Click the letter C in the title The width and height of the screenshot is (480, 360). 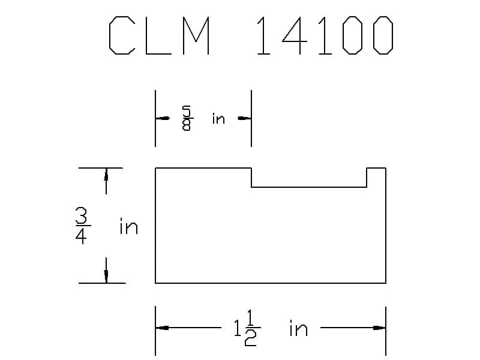pyautogui.click(x=123, y=37)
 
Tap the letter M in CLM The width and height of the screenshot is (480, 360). pyautogui.click(x=194, y=37)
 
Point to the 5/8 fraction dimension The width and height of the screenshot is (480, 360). pyautogui.click(x=186, y=118)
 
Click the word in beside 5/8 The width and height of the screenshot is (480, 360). pyautogui.click(x=218, y=119)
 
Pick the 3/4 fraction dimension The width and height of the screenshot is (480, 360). pyautogui.click(x=82, y=226)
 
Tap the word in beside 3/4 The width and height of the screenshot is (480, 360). pyautogui.click(x=128, y=227)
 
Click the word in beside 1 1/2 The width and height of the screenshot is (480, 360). pyautogui.click(x=298, y=329)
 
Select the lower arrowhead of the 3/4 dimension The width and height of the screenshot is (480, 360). pyautogui.click(x=106, y=277)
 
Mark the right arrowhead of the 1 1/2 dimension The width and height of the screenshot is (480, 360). pyautogui.click(x=379, y=328)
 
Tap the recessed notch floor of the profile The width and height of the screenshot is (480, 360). pyautogui.click(x=308, y=187)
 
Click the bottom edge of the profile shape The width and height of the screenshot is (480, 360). pyautogui.click(x=270, y=283)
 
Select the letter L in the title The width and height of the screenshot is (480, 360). pyautogui.click(x=158, y=37)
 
